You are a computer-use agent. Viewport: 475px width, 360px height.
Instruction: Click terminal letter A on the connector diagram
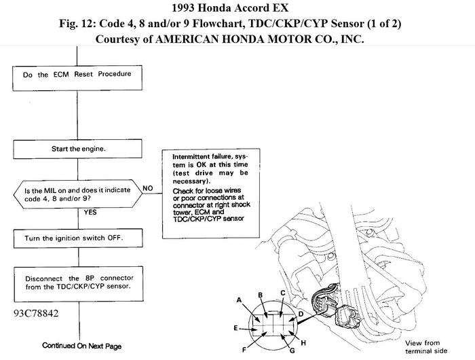click(239, 299)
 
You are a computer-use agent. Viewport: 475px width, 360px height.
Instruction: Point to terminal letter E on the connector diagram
click(235, 328)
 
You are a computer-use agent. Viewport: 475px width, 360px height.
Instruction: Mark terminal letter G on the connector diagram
click(291, 352)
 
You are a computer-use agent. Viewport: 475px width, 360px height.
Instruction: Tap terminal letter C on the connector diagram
click(282, 293)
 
